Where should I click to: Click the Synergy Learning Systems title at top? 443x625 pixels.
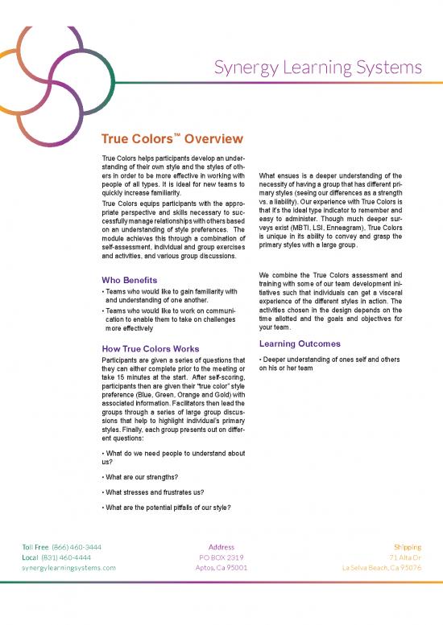(318, 65)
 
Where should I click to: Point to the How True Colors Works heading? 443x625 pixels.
(151, 348)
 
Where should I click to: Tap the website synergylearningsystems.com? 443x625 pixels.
(68, 567)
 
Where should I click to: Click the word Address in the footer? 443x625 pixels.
(221, 547)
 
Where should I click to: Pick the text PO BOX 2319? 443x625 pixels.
(221, 557)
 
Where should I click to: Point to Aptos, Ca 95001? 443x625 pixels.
(221, 567)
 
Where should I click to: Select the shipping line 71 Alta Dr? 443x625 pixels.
(406, 557)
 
